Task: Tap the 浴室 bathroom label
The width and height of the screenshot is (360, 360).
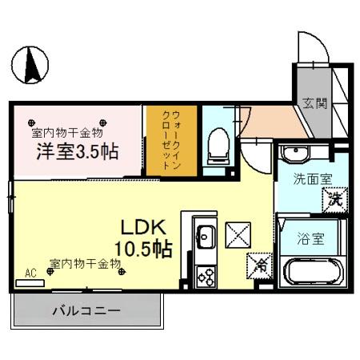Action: point(310,238)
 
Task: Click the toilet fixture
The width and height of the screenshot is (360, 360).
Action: point(214,145)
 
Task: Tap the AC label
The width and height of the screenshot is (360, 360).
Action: point(31,274)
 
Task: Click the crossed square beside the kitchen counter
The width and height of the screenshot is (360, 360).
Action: point(239,234)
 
